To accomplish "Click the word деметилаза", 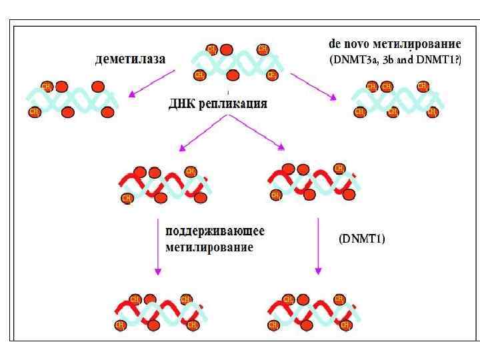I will [129, 59].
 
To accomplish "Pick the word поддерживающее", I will [215, 232].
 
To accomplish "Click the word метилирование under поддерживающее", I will [209, 248].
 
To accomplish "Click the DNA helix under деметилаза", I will [71, 100].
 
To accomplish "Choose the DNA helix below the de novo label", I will [397, 100].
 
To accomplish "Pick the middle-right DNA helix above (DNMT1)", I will [311, 182].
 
